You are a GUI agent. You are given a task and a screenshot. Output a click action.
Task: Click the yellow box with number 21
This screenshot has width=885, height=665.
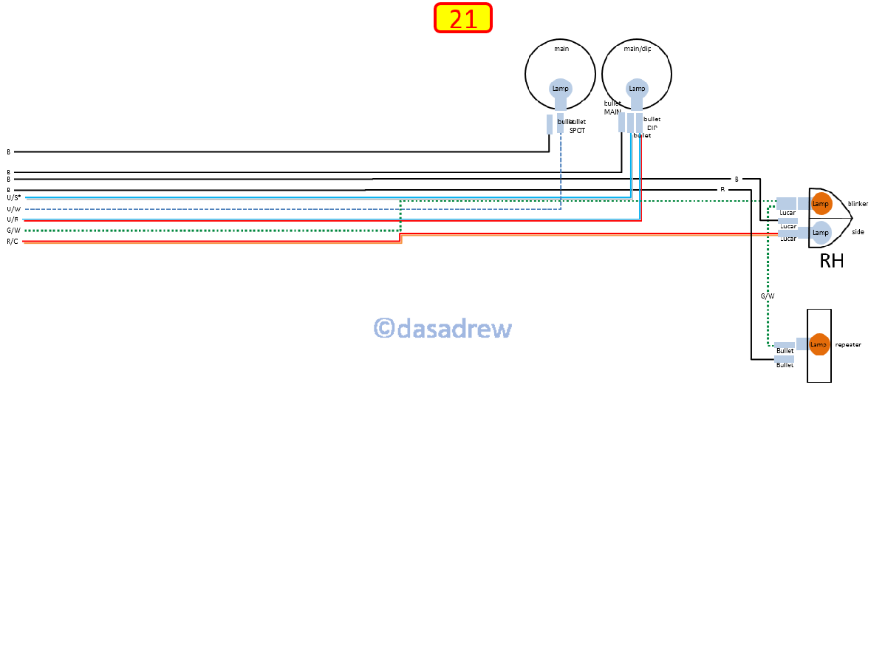click(x=463, y=18)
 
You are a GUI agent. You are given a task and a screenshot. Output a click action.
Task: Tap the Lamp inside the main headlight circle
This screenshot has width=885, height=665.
click(x=561, y=89)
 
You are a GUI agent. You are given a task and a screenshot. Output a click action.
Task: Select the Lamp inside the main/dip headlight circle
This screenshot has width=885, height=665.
click(x=637, y=89)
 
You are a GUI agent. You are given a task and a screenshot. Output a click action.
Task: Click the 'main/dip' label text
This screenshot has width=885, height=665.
click(x=637, y=49)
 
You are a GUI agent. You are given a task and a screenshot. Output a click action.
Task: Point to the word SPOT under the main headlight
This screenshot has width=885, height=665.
click(x=577, y=130)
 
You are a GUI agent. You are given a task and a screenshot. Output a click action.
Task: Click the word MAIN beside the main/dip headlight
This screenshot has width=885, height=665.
click(x=612, y=112)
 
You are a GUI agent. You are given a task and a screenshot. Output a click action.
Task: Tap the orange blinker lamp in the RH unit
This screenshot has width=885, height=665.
click(x=821, y=203)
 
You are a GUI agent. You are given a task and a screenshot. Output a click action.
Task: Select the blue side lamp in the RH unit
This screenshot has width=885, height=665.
click(x=821, y=232)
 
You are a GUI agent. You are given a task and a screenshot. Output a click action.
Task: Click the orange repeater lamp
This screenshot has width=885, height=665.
click(x=819, y=344)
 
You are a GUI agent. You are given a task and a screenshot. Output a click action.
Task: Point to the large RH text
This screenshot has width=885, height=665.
click(x=831, y=261)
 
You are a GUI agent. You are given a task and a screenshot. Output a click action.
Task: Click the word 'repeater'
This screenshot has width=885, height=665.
click(x=848, y=344)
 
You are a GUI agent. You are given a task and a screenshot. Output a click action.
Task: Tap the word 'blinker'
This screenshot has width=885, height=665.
click(x=858, y=203)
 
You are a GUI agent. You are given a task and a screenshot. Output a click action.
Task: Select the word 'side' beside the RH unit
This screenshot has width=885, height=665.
click(x=858, y=232)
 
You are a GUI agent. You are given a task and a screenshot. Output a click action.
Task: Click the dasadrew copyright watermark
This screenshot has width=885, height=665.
click(x=442, y=328)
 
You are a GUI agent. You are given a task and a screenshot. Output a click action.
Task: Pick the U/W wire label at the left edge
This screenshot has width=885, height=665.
click(x=13, y=209)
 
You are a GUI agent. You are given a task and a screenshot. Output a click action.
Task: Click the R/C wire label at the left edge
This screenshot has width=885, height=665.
click(x=13, y=242)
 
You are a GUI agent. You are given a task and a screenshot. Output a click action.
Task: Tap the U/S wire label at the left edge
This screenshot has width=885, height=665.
click(x=13, y=198)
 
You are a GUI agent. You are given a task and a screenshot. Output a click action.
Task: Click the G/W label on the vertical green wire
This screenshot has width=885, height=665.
click(x=768, y=296)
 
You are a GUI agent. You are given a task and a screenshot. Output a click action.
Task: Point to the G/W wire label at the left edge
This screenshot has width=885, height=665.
click(x=13, y=231)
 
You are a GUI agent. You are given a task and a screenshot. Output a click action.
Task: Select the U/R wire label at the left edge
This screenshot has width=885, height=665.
click(x=13, y=219)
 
